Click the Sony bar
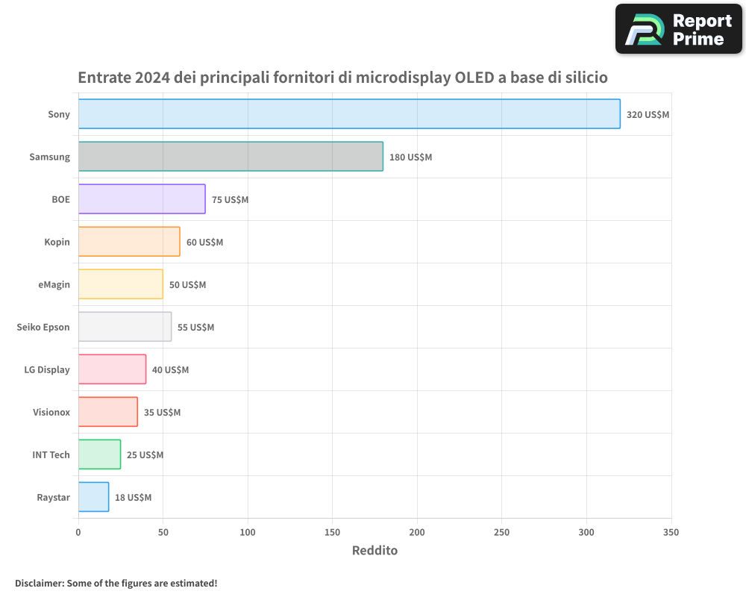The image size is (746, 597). (349, 114)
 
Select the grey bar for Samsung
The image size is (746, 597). (231, 157)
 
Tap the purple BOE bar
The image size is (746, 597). (142, 199)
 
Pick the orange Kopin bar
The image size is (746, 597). (129, 242)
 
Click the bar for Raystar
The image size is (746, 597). (93, 497)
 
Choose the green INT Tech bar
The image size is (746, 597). (99, 454)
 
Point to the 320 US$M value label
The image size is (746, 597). (648, 115)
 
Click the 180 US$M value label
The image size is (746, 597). (410, 157)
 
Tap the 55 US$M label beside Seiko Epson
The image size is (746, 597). (195, 328)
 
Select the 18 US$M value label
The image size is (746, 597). (133, 498)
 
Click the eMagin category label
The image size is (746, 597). (54, 284)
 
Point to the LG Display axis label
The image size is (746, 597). (47, 369)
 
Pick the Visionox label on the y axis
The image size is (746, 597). (51, 412)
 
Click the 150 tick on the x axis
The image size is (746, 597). (333, 532)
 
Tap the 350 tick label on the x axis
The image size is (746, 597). (671, 532)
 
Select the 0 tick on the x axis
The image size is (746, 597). (78, 532)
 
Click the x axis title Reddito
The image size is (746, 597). (374, 551)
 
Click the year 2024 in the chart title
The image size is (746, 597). (149, 78)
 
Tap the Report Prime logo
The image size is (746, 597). (678, 29)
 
